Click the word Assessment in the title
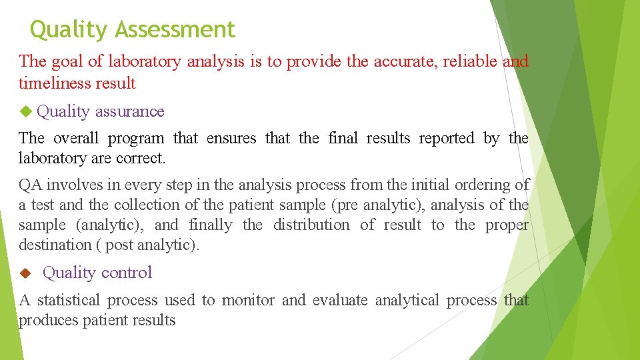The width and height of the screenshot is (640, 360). [175, 30]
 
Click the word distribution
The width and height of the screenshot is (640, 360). [311, 225]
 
